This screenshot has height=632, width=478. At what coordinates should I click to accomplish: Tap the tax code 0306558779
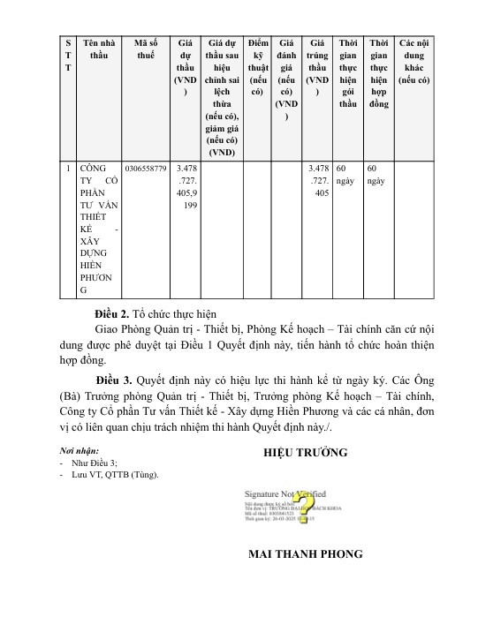[145, 167]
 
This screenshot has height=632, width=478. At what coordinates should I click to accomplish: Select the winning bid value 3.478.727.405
[316, 179]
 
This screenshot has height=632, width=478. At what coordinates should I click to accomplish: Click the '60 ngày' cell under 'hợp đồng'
[377, 173]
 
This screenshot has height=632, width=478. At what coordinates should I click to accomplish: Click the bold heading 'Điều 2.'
[112, 313]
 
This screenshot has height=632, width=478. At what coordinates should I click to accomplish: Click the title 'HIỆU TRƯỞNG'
[306, 453]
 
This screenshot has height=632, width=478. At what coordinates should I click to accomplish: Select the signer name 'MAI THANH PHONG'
[306, 553]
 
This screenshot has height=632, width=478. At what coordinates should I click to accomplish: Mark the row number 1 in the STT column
[67, 167]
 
